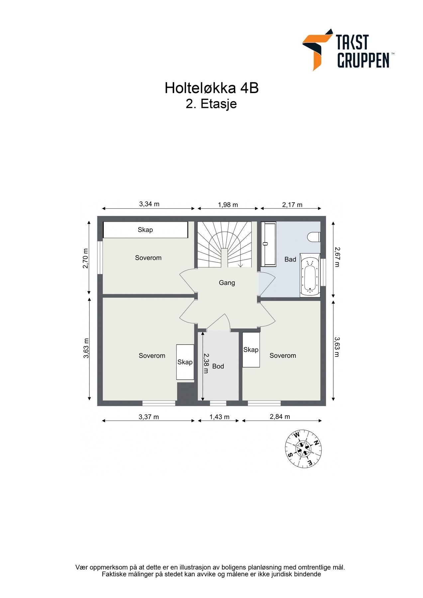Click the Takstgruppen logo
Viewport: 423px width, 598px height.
click(x=348, y=50)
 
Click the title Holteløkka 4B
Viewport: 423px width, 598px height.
click(x=211, y=88)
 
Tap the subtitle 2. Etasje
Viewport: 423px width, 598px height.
click(x=211, y=104)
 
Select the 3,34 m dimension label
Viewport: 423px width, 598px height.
click(x=149, y=204)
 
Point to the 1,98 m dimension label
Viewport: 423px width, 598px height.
click(x=228, y=205)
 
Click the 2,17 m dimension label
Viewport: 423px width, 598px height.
click(x=292, y=205)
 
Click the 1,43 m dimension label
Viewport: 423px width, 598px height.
click(x=219, y=417)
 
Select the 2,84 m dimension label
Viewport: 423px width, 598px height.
click(x=280, y=416)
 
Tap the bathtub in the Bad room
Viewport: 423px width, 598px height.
click(x=310, y=275)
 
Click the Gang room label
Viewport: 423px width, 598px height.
click(x=227, y=283)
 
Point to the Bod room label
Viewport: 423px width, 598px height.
click(x=218, y=366)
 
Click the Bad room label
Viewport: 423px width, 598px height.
click(x=290, y=259)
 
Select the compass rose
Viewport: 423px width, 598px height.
click(x=303, y=449)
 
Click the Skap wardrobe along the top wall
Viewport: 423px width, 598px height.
click(x=145, y=230)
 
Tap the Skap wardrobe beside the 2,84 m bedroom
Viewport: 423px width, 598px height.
click(x=251, y=349)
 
